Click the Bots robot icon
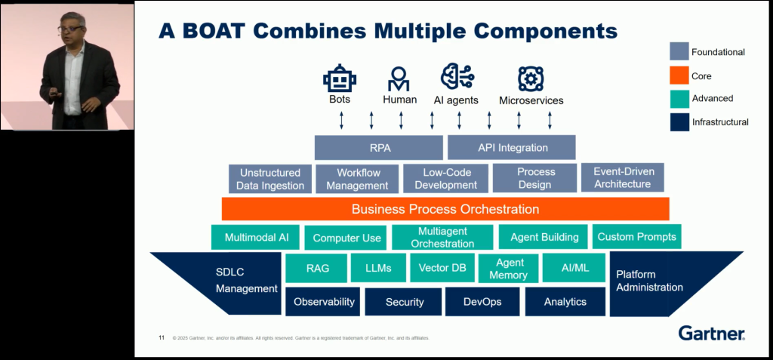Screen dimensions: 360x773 340,78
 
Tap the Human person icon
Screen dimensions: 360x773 399,78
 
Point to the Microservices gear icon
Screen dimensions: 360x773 531,78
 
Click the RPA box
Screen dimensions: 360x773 378,147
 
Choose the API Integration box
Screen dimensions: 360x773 512,147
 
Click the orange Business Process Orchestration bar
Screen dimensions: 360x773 445,209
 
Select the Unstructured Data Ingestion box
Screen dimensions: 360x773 270,179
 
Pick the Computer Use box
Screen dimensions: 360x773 346,238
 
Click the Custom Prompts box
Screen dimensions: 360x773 637,237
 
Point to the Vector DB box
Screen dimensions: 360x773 442,268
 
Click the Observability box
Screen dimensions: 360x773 324,302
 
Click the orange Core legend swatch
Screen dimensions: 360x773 678,75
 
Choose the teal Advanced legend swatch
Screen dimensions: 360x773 678,98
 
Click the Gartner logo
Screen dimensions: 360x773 711,333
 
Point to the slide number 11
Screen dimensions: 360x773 162,337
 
